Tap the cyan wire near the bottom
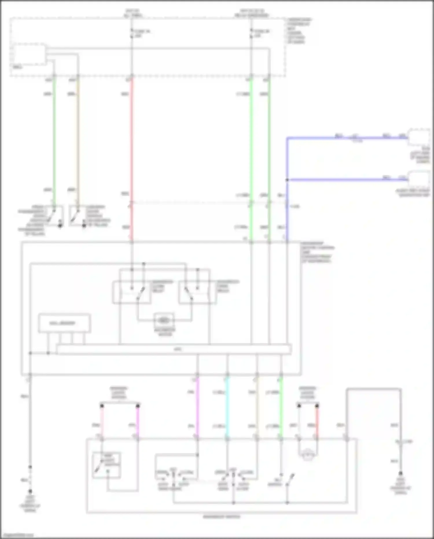[227, 408]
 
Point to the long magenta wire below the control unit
[197, 408]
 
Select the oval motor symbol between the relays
[164, 320]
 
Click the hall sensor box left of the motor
[64, 323]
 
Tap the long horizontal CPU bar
[174, 349]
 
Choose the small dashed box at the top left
[29, 54]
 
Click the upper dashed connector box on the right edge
[419, 137]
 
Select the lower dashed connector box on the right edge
[419, 179]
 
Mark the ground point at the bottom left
[30, 492]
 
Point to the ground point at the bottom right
[400, 474]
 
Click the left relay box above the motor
[131, 292]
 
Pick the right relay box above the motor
[197, 292]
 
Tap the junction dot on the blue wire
[287, 180]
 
